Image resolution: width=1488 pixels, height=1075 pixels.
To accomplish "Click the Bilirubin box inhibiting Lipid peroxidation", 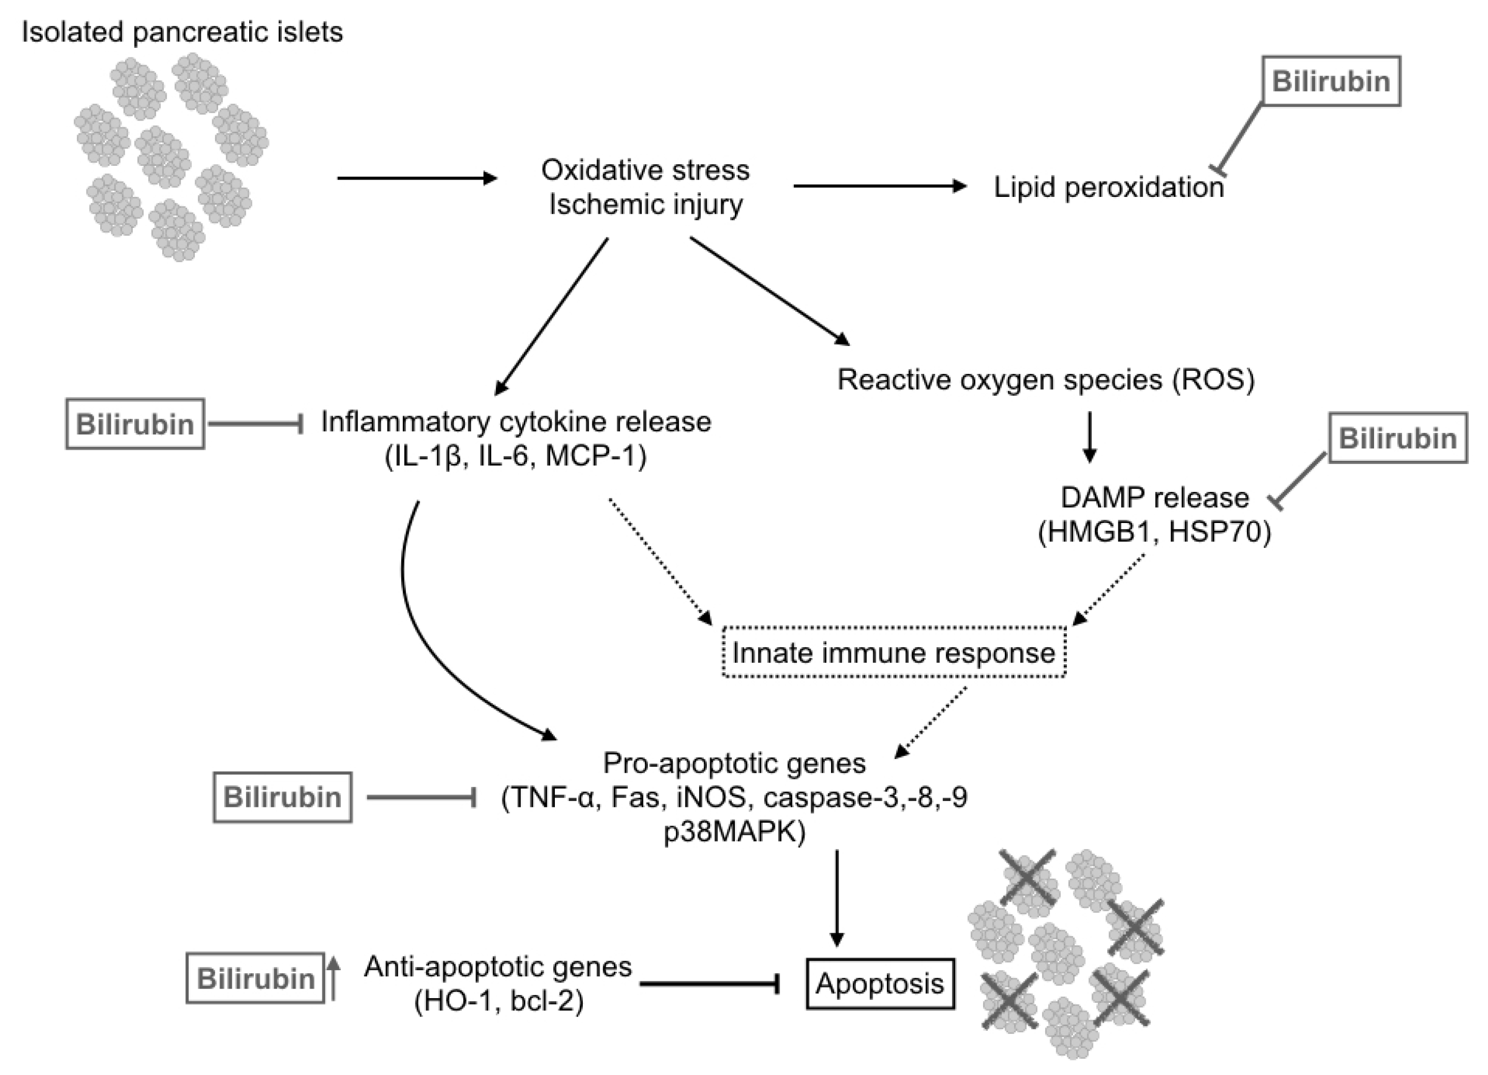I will click(1331, 81).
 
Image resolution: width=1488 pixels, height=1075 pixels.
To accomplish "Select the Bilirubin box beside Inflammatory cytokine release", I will click(135, 424).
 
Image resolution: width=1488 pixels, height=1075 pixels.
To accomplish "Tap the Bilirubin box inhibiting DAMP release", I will click(1397, 438).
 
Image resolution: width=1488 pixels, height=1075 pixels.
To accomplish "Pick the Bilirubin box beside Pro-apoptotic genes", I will click(282, 797).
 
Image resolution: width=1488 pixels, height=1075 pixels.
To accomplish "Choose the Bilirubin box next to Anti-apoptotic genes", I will click(255, 978).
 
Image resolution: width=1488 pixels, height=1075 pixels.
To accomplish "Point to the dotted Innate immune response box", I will click(894, 652).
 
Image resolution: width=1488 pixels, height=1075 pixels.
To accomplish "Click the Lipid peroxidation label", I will click(1108, 187).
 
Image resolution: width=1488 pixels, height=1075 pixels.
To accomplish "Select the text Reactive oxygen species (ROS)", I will click(1046, 380).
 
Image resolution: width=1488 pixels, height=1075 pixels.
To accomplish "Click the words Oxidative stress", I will click(645, 170).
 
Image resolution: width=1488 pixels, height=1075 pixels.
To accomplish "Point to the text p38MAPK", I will click(734, 831).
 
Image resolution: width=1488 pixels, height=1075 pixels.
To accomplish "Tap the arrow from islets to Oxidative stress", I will click(416, 178).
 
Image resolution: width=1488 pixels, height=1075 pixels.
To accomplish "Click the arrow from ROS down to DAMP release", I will click(1089, 437).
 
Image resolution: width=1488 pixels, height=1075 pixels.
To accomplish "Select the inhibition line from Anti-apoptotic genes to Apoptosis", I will click(708, 983).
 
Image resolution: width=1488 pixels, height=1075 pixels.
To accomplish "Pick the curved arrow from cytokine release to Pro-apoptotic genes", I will click(427, 643).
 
